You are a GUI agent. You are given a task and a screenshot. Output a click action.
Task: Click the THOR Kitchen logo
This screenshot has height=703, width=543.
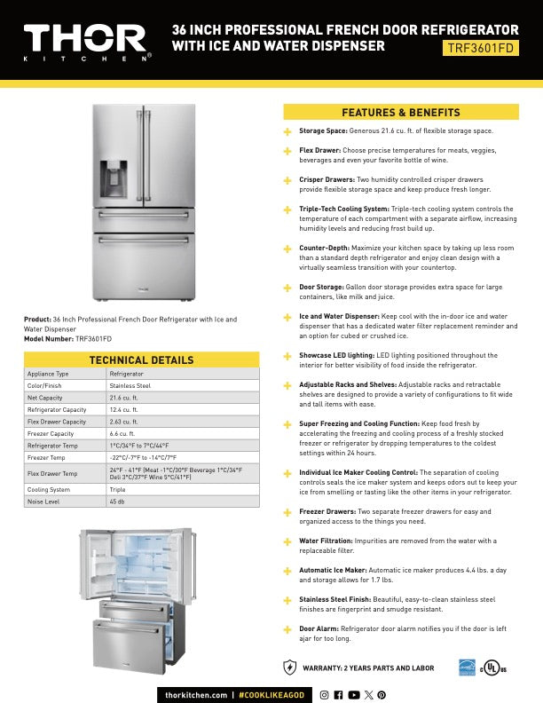click(86, 41)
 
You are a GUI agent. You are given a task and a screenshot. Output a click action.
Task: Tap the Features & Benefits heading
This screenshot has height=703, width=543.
click(401, 112)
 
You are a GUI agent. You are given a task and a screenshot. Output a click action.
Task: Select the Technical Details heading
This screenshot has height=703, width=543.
click(142, 359)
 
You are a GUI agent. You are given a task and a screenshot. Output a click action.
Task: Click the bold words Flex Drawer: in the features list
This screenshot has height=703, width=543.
click(319, 151)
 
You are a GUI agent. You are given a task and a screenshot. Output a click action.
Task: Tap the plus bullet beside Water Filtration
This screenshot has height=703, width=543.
click(287, 541)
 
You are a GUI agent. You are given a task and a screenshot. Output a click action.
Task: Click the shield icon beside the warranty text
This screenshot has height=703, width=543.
click(289, 667)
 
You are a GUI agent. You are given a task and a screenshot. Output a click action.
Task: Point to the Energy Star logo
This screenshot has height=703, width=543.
click(467, 667)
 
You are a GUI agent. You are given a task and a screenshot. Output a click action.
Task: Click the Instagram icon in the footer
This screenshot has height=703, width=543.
click(326, 694)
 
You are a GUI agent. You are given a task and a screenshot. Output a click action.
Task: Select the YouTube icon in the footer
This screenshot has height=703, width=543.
click(354, 694)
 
